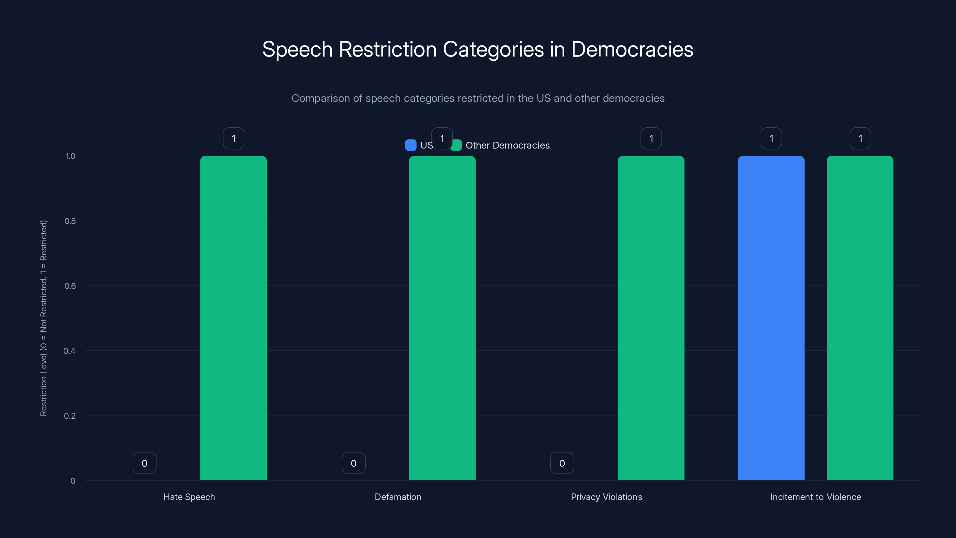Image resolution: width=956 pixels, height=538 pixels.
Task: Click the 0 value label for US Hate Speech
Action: pos(144,463)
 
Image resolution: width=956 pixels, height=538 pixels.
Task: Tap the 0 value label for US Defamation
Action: pos(353,463)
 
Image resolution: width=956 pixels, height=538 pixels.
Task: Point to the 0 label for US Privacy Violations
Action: pos(562,463)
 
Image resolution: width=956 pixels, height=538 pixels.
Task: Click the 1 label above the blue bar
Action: pos(771,138)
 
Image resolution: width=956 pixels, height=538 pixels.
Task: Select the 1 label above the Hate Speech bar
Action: pos(233,138)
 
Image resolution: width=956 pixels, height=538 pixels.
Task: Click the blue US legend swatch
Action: pos(410,145)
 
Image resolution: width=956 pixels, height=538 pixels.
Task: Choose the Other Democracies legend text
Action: pos(507,145)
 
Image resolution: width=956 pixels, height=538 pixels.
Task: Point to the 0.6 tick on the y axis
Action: pos(70,286)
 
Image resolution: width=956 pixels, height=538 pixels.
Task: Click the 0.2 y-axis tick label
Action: pos(70,416)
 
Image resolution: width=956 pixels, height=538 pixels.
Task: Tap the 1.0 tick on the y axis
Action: pos(70,156)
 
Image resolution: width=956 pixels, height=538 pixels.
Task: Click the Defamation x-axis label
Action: pos(398,497)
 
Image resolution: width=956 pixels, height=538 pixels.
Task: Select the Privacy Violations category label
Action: pos(606,497)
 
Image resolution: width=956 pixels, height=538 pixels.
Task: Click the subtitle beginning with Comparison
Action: pos(478,98)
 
